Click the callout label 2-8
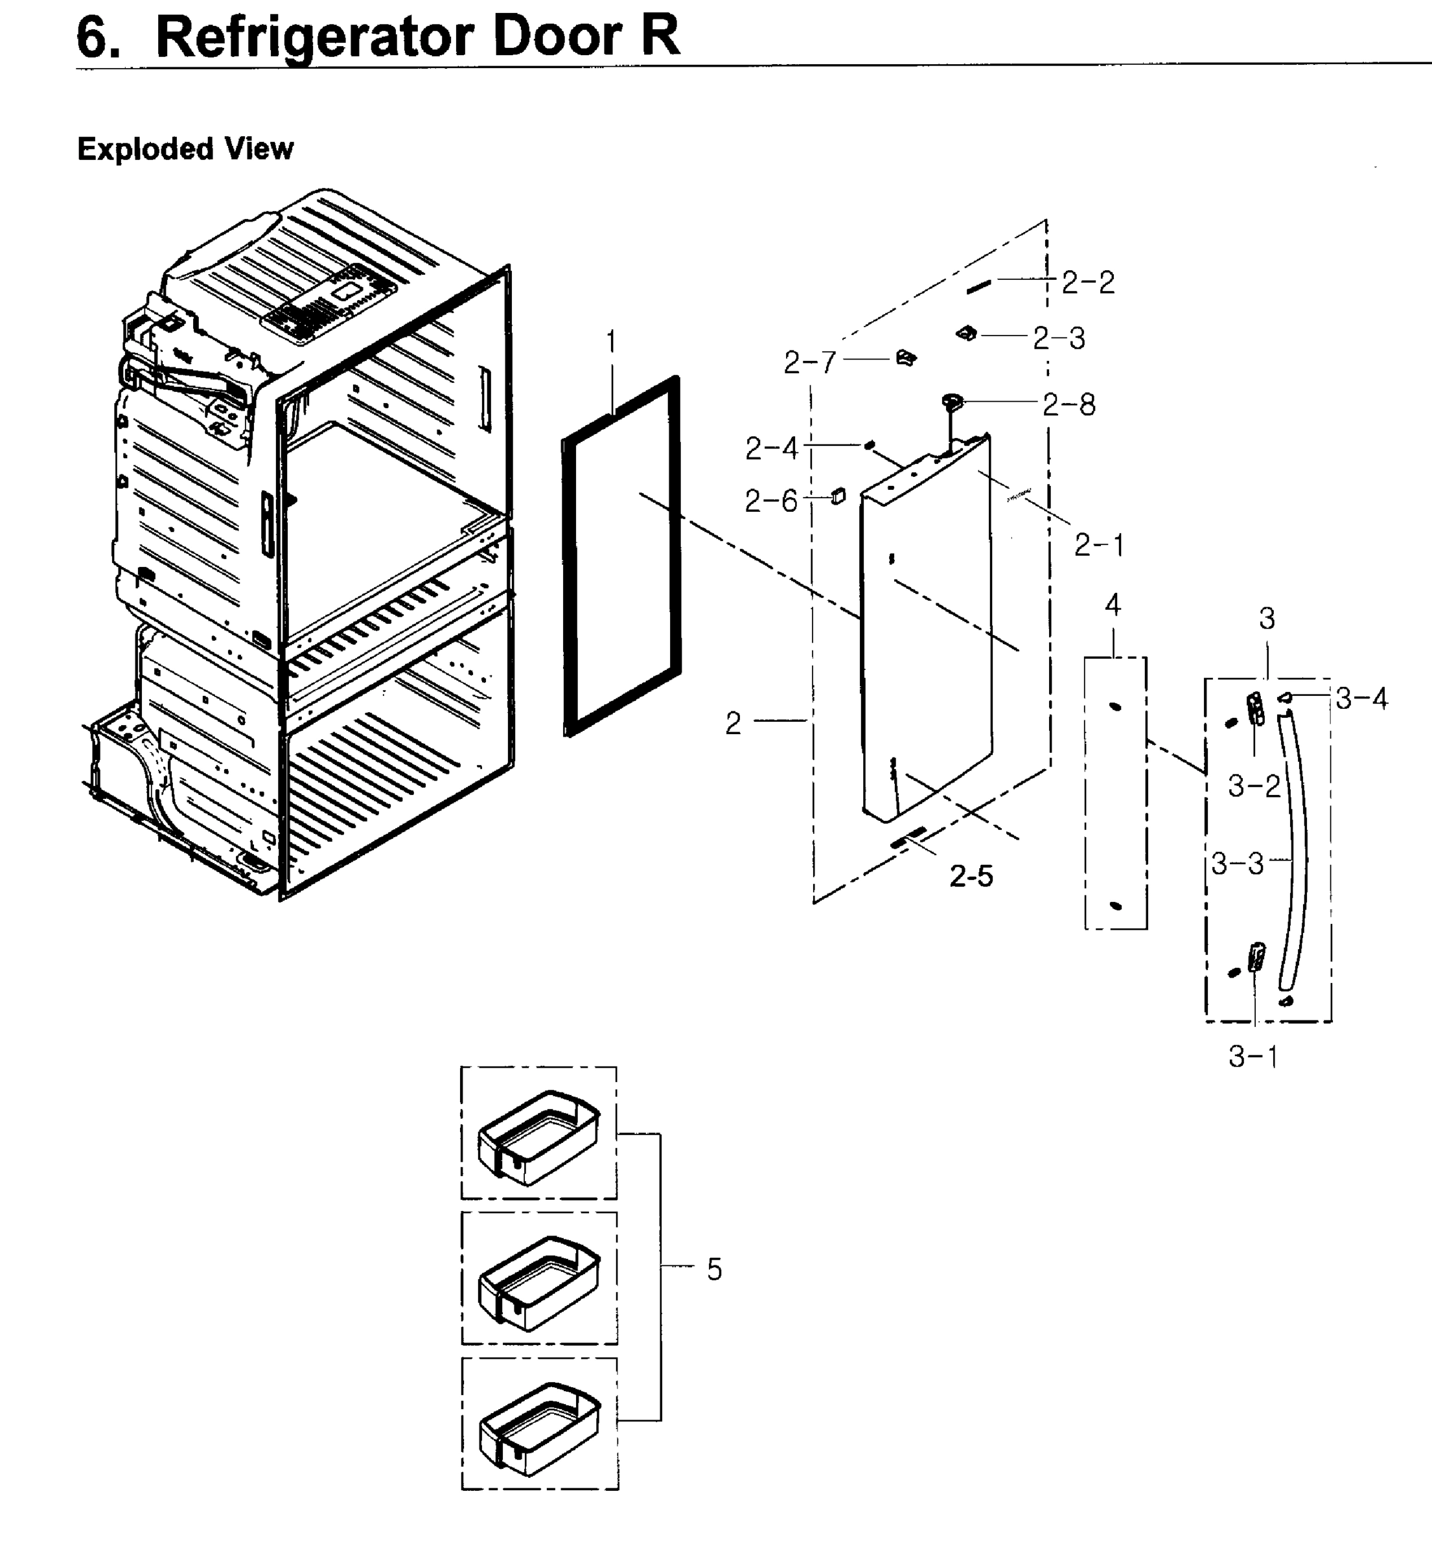1068,404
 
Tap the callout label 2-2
1088,282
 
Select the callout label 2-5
971,876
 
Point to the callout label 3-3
1238,863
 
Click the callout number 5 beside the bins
713,1270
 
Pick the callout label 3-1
1253,1057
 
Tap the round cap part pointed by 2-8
953,401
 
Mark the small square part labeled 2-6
838,496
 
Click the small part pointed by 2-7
906,358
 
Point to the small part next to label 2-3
967,333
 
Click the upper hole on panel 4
1115,707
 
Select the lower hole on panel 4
1116,905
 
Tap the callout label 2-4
771,448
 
